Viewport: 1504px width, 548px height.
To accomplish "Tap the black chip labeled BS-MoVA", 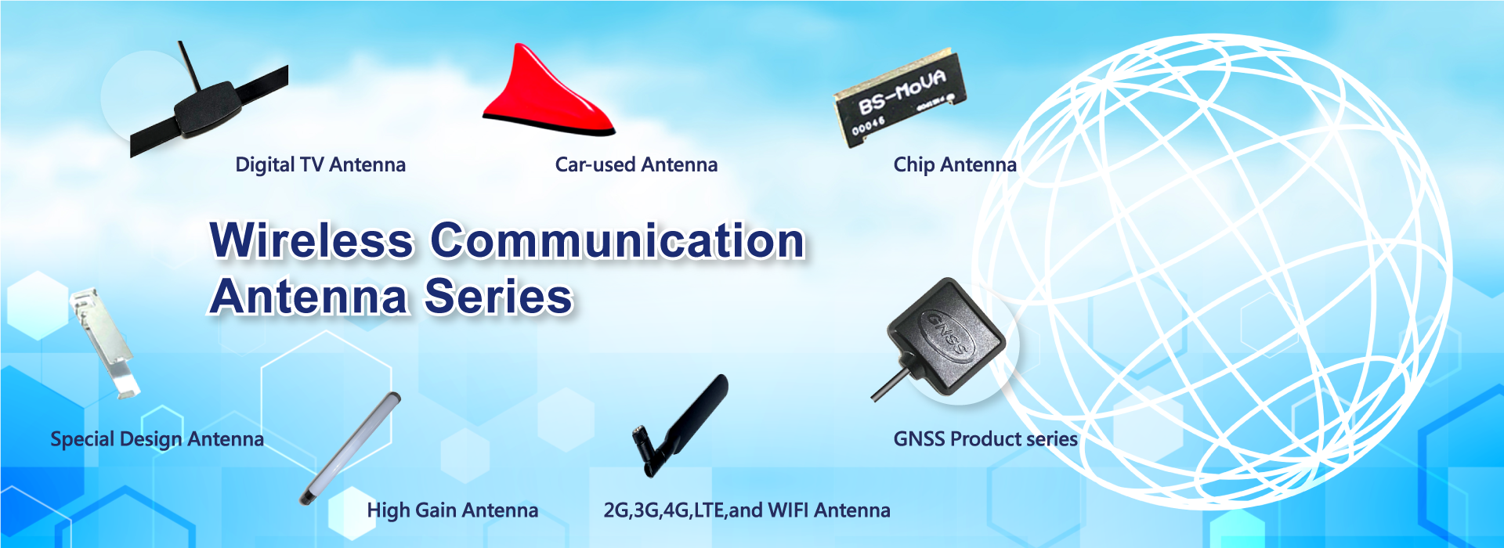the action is (x=899, y=98).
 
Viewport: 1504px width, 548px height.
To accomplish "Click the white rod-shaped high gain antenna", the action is (x=350, y=449).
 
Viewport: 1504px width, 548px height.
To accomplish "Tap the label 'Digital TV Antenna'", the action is (x=320, y=165).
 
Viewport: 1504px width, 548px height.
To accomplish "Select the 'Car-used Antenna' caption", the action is (x=636, y=165).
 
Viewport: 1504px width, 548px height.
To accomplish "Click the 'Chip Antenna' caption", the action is (x=955, y=165).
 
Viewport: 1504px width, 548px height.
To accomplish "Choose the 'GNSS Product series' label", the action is (x=985, y=439).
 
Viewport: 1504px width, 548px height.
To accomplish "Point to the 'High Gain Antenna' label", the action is (x=453, y=510).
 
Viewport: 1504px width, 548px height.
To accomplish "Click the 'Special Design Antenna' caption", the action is (x=157, y=439).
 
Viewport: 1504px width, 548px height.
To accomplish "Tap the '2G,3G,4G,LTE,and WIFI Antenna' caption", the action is (x=747, y=510).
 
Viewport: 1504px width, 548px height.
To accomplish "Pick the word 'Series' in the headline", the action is (x=498, y=297).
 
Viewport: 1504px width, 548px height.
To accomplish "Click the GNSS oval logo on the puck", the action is (x=946, y=333).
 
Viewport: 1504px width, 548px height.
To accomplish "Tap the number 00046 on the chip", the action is (x=868, y=125).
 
